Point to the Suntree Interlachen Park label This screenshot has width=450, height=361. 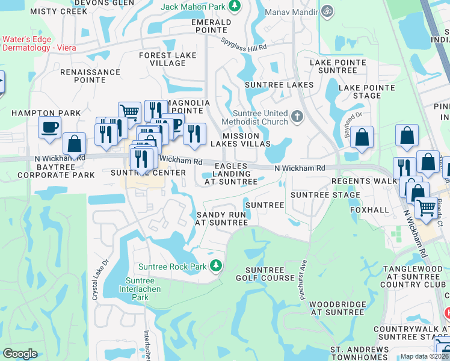(140, 289)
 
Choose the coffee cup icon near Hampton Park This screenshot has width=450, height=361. (49, 127)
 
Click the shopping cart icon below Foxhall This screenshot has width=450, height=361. (427, 208)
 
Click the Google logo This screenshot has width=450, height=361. (20, 354)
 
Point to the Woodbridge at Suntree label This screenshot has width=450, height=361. (336, 308)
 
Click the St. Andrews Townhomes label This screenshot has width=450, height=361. (359, 353)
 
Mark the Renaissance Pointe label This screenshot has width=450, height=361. (90, 76)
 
